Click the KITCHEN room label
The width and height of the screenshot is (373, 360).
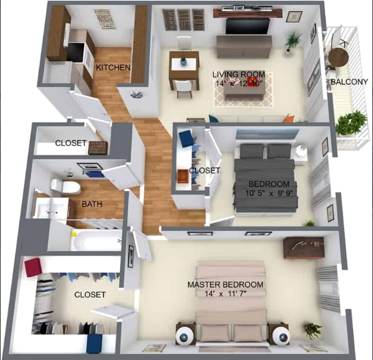point(113,67)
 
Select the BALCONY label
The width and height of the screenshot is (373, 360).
point(348,82)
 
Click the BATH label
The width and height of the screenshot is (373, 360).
point(92,205)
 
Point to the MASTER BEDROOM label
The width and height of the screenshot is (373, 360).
point(225,284)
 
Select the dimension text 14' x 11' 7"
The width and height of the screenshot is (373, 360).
point(226,294)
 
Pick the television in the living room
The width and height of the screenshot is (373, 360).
point(248,26)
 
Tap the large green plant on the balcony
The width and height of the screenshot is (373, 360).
point(351,123)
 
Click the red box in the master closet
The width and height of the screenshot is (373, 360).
point(33,267)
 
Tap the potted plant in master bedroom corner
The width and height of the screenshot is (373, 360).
point(312,330)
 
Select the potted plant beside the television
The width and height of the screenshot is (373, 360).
point(293,41)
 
